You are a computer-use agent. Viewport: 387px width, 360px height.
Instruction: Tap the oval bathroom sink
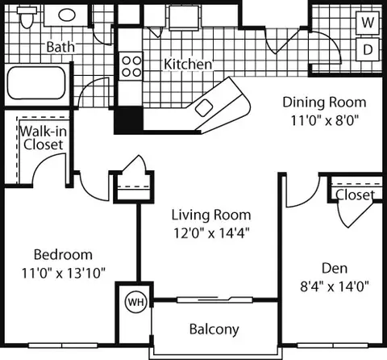(67, 15)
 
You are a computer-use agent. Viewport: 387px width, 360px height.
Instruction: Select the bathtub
(36, 83)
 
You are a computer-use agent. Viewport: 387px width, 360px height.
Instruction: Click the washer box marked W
(368, 23)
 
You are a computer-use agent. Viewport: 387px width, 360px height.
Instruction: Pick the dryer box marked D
(368, 49)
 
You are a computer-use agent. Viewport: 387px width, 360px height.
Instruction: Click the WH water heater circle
(136, 302)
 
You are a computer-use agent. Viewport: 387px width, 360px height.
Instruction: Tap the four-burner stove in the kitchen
(131, 66)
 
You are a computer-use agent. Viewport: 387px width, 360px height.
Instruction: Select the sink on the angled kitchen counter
(204, 108)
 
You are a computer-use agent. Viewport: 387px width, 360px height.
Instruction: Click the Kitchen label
(188, 65)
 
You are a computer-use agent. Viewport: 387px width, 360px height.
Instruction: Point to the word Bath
(60, 47)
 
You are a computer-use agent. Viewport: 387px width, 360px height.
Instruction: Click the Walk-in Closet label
(44, 138)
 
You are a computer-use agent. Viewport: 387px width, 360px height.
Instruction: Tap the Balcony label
(214, 329)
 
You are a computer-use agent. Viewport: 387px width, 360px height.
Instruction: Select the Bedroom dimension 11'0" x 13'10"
(63, 273)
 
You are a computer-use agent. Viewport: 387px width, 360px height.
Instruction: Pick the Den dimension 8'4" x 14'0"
(335, 287)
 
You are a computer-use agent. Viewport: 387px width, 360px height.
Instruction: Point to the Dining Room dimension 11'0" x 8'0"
(325, 120)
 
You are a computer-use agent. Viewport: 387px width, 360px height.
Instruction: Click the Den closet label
(355, 195)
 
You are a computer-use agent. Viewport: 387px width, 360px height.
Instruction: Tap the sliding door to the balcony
(214, 299)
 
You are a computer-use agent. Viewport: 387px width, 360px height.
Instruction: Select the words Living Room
(211, 215)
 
